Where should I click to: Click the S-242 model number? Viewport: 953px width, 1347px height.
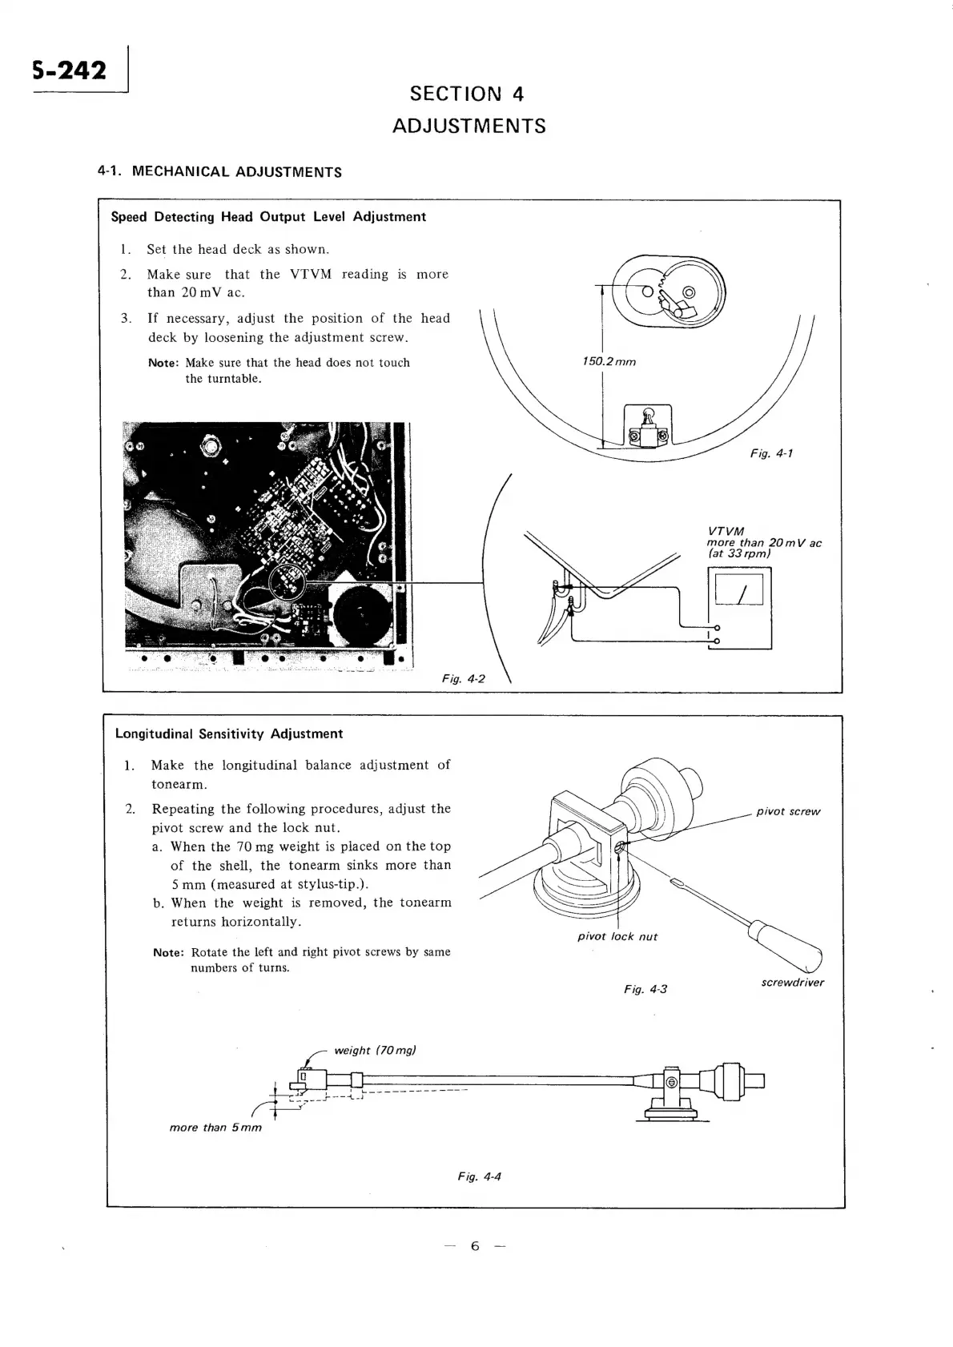[x=70, y=71]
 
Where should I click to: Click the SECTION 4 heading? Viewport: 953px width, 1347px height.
[x=467, y=94]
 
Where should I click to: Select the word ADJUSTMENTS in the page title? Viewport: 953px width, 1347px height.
[x=469, y=126]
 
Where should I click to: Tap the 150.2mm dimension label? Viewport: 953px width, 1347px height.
[x=609, y=361]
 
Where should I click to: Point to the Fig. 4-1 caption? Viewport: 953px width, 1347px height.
[x=771, y=453]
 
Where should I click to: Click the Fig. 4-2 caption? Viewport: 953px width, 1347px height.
[x=464, y=678]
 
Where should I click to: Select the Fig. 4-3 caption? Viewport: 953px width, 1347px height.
[x=645, y=989]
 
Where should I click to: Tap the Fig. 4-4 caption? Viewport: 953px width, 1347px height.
[x=479, y=1176]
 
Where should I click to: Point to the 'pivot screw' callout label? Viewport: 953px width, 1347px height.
[x=788, y=811]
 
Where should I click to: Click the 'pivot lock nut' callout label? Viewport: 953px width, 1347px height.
[x=617, y=936]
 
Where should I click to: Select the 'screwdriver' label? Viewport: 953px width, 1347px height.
[x=792, y=983]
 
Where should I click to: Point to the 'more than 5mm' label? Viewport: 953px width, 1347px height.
[x=215, y=1128]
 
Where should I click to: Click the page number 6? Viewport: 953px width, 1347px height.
[x=475, y=1246]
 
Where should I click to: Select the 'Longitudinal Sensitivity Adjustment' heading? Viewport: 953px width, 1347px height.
[x=229, y=734]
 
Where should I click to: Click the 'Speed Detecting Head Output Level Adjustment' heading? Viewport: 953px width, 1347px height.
[x=268, y=217]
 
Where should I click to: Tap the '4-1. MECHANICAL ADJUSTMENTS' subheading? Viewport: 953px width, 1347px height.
[x=219, y=171]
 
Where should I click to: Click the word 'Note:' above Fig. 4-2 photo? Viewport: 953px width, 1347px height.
[x=163, y=363]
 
